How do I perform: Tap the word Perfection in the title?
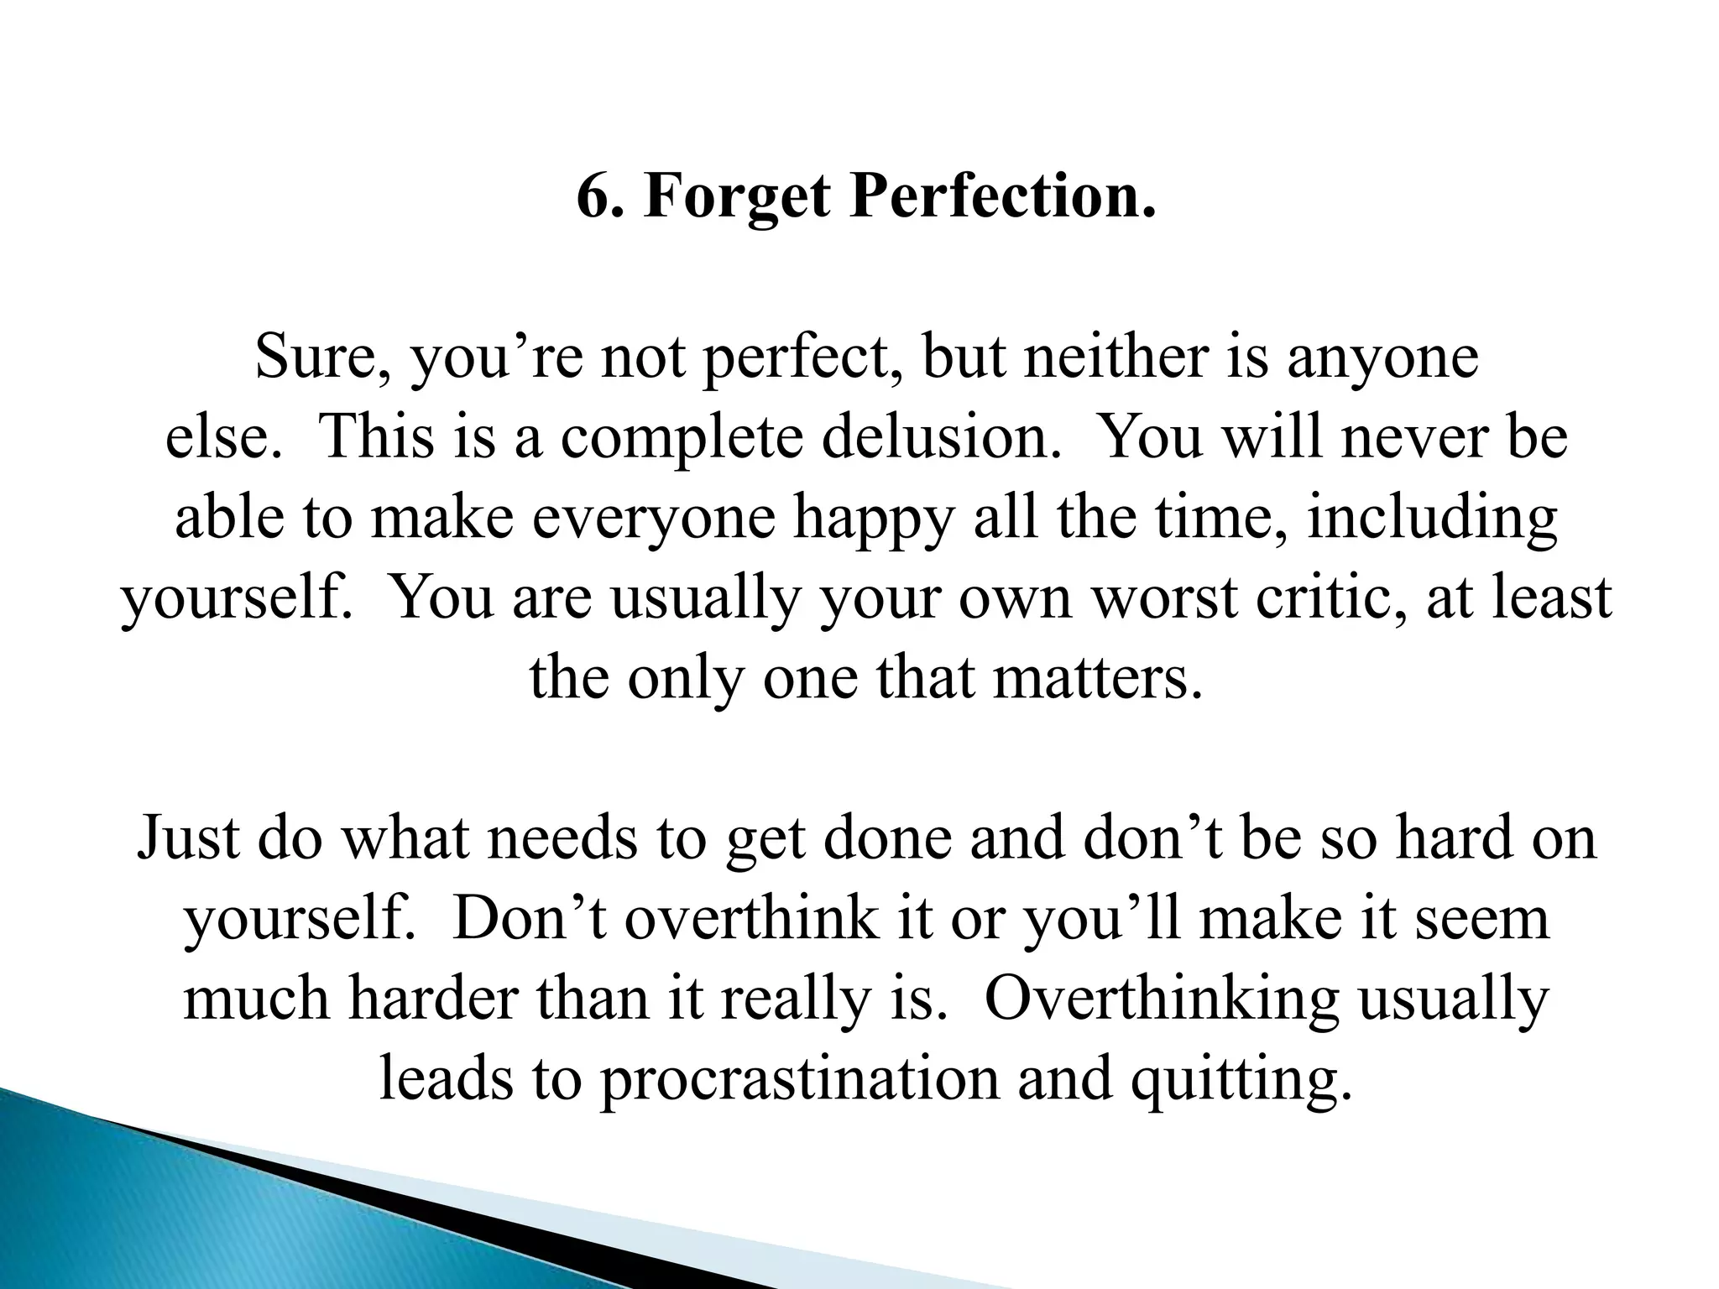click(x=1002, y=197)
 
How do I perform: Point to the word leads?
click(x=446, y=1079)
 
